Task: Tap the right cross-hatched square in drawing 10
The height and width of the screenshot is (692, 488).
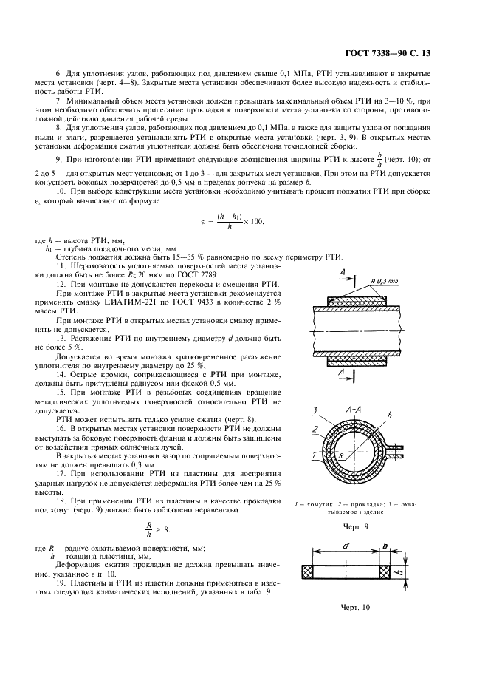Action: coord(385,571)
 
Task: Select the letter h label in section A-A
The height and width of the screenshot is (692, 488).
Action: coord(388,415)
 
